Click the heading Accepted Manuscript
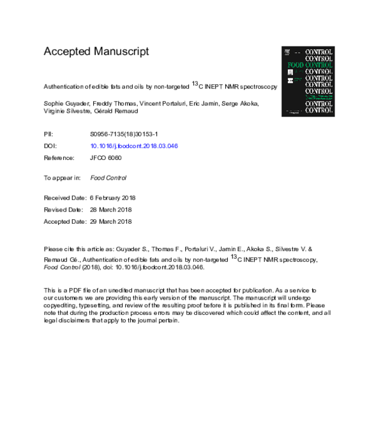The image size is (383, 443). click(96, 52)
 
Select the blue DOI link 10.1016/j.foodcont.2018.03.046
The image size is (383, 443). click(134, 146)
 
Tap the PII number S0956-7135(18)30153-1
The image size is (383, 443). click(127, 134)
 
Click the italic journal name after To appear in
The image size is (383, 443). click(109, 178)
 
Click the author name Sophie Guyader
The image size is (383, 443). click(66, 104)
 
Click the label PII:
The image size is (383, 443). click(49, 134)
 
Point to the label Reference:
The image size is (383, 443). click(59, 157)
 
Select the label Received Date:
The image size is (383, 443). click(64, 198)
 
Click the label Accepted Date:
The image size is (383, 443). click(64, 221)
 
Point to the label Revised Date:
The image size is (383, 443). click(63, 210)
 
